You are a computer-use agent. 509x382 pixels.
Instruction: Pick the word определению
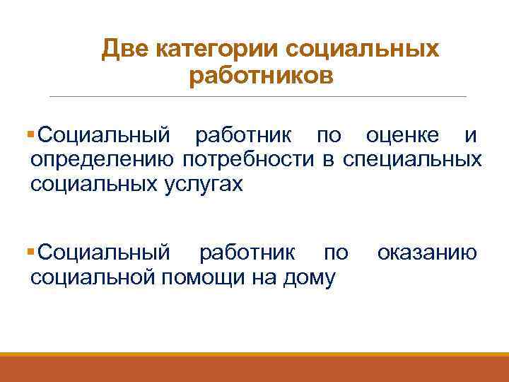pyautogui.click(x=103, y=159)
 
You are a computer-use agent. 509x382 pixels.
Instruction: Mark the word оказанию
pyautogui.click(x=426, y=253)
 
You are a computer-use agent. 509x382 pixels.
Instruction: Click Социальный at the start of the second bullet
pyautogui.click(x=104, y=253)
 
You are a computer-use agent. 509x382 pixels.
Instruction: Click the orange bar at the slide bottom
pyautogui.click(x=255, y=368)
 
